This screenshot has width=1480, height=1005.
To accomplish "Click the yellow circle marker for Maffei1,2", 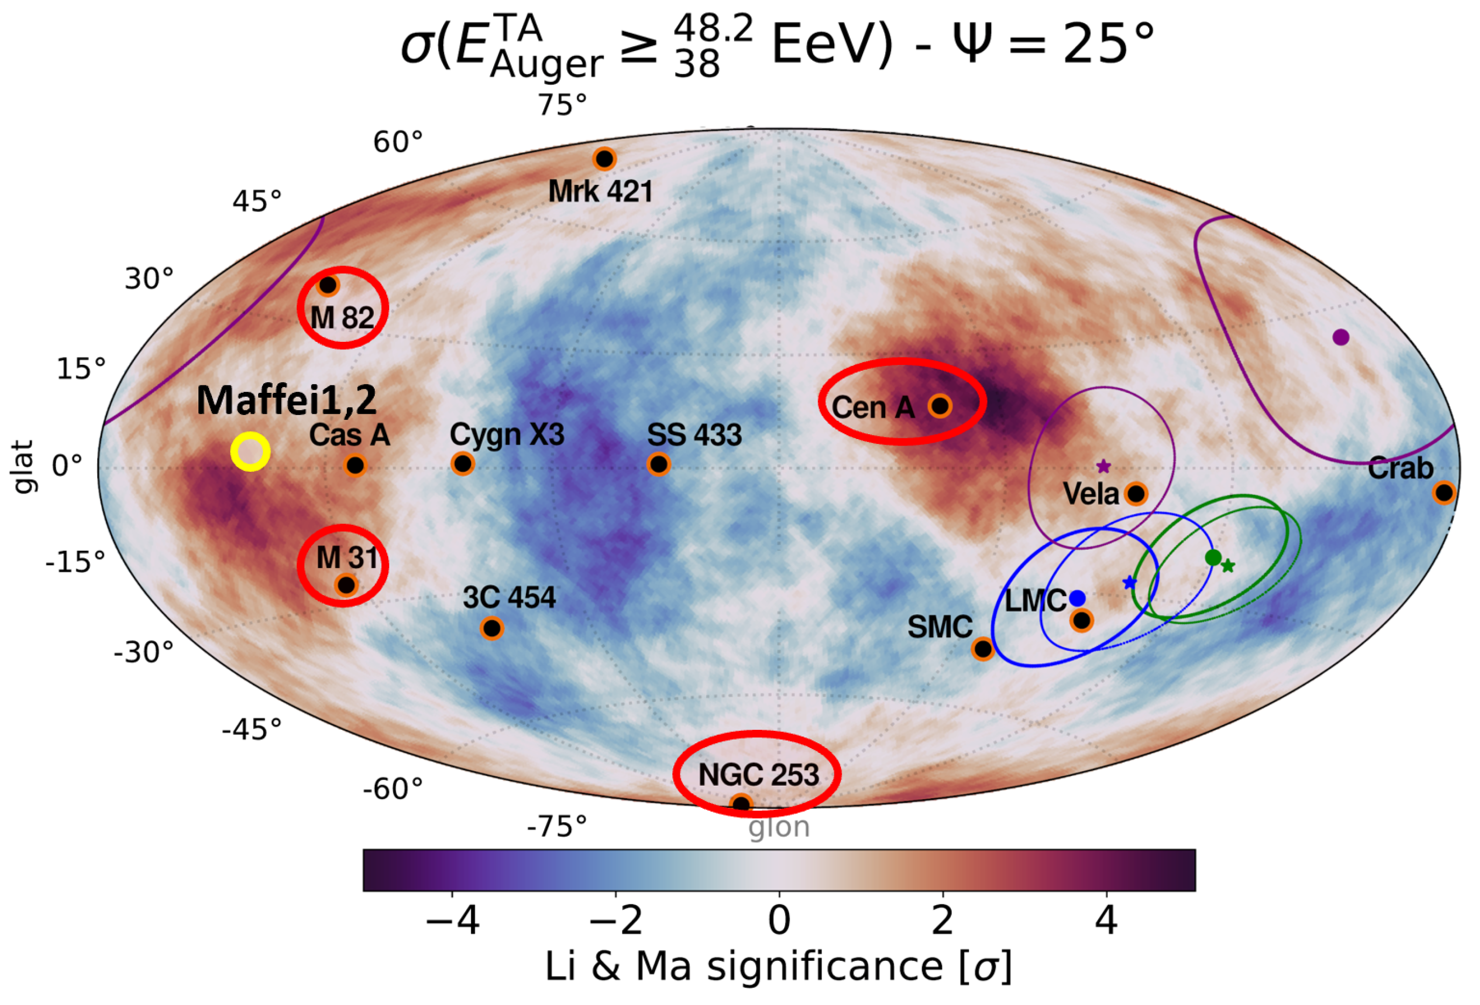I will tap(250, 451).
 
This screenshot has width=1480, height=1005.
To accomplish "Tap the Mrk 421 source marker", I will tap(604, 159).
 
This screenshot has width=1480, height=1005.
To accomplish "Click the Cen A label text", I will tap(872, 407).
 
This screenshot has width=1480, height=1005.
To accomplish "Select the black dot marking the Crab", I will tap(1444, 492).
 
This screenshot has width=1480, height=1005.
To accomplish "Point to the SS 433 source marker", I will tap(658, 464).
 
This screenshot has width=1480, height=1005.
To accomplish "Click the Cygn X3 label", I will tap(507, 435).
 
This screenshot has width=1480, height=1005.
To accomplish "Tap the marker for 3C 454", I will tap(491, 628).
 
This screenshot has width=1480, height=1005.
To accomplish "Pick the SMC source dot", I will tap(983, 649).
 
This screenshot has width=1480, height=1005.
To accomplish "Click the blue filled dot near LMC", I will tap(1077, 598).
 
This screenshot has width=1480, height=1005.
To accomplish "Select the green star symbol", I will tap(1228, 565).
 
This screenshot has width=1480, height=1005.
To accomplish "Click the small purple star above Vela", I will tap(1104, 466).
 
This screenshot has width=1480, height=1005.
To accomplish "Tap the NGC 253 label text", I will tap(758, 774).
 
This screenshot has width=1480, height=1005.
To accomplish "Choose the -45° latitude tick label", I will tap(252, 729).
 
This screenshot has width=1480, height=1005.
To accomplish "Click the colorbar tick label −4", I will tap(452, 920).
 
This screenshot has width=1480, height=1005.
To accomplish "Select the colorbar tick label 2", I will tap(943, 920).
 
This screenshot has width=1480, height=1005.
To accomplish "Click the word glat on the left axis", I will tap(23, 466).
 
